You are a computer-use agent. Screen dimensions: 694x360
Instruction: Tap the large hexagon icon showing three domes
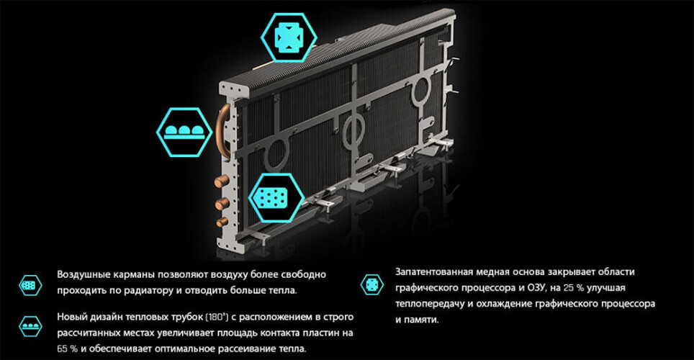pyautogui.click(x=184, y=132)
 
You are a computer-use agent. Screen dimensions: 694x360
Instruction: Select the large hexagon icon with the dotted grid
pyautogui.click(x=276, y=197)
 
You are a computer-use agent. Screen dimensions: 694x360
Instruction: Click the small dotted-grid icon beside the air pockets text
pyautogui.click(x=30, y=285)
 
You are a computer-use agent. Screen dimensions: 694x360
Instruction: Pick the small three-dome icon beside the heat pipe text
pyautogui.click(x=30, y=327)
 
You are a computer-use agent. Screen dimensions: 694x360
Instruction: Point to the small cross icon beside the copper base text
pyautogui.click(x=371, y=284)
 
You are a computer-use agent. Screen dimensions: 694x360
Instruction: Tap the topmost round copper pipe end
pyautogui.click(x=221, y=181)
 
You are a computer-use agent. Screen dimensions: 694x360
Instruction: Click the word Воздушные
pyautogui.click(x=84, y=274)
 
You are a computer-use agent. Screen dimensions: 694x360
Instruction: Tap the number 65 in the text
pyautogui.click(x=61, y=349)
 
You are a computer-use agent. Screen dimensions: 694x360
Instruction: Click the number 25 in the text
pyautogui.click(x=568, y=288)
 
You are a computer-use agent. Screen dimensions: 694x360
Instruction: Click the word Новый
pyautogui.click(x=73, y=317)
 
